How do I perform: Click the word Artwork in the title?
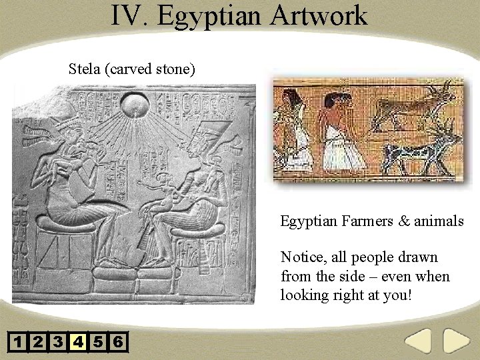coord(319,15)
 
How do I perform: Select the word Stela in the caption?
coord(85,69)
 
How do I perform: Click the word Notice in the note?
coord(303,257)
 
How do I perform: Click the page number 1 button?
coord(18,343)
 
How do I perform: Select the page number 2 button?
coord(38,343)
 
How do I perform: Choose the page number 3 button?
coord(58,343)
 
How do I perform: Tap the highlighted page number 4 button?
coord(78,343)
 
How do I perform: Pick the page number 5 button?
coord(98,343)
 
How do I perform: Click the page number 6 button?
coord(118,343)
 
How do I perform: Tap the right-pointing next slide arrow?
coord(457,341)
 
